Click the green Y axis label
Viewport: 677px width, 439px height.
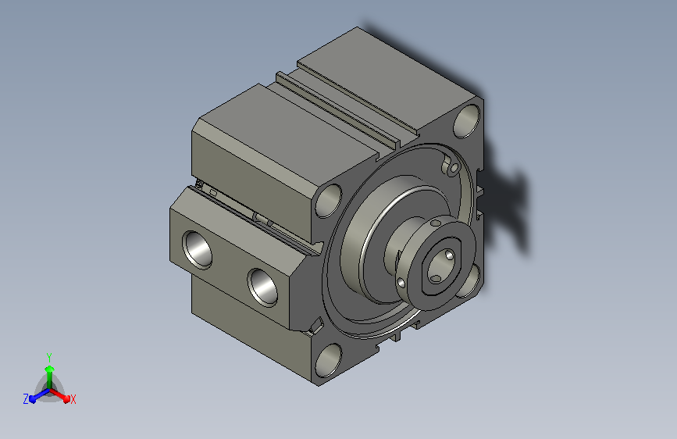(x=49, y=357)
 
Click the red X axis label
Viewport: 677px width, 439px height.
(x=73, y=400)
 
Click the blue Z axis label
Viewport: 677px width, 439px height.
(x=26, y=399)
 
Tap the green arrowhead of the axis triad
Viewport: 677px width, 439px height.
(x=50, y=369)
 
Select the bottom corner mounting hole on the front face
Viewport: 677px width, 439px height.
(x=329, y=360)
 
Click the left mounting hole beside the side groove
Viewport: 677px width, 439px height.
(x=329, y=201)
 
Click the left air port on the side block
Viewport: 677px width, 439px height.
(x=198, y=250)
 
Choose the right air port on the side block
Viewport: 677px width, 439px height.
(x=262, y=287)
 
